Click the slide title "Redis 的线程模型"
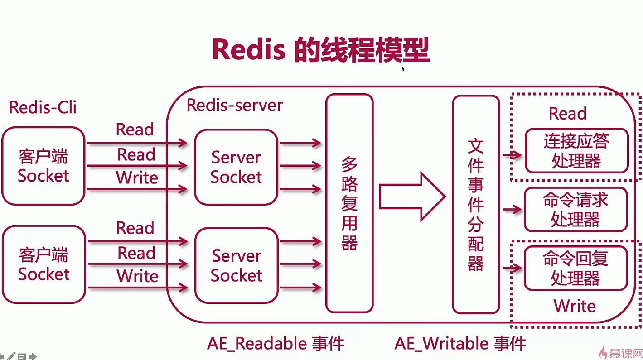(320, 50)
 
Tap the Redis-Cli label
(43, 108)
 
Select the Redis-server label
(234, 105)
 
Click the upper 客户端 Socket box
(44, 166)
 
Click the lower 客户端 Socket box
(44, 264)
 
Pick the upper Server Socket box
(236, 167)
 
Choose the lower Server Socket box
(236, 265)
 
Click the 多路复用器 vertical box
(349, 203)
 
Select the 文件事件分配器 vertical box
(476, 204)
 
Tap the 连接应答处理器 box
(576, 151)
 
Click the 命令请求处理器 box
(575, 210)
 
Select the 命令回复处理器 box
(575, 268)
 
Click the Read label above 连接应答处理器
(567, 113)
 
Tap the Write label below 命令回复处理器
(574, 306)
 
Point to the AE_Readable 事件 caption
(276, 344)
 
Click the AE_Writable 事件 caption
(460, 344)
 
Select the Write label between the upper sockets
(137, 178)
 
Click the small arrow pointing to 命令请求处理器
(512, 210)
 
